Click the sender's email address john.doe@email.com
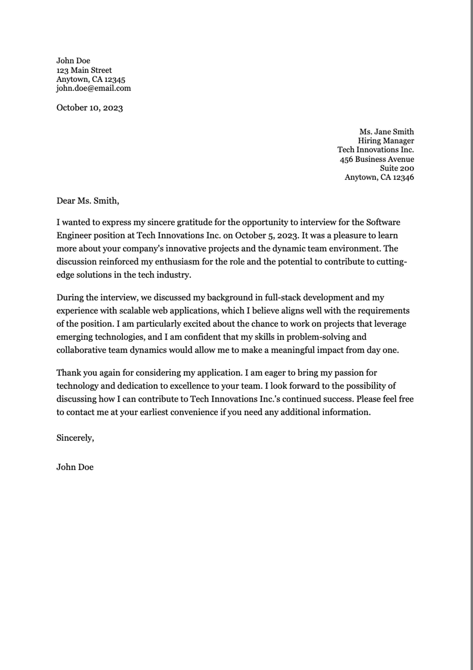click(x=93, y=88)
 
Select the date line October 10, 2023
click(x=89, y=108)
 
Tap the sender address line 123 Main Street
click(x=84, y=70)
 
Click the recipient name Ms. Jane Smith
click(x=386, y=131)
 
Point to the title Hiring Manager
click(x=385, y=141)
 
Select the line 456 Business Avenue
click(x=376, y=159)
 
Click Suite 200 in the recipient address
click(x=397, y=168)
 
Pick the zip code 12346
click(x=403, y=177)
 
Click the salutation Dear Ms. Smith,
click(x=88, y=201)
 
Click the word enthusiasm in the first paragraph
click(x=177, y=262)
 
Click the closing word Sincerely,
click(x=75, y=438)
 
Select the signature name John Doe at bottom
click(x=75, y=467)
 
